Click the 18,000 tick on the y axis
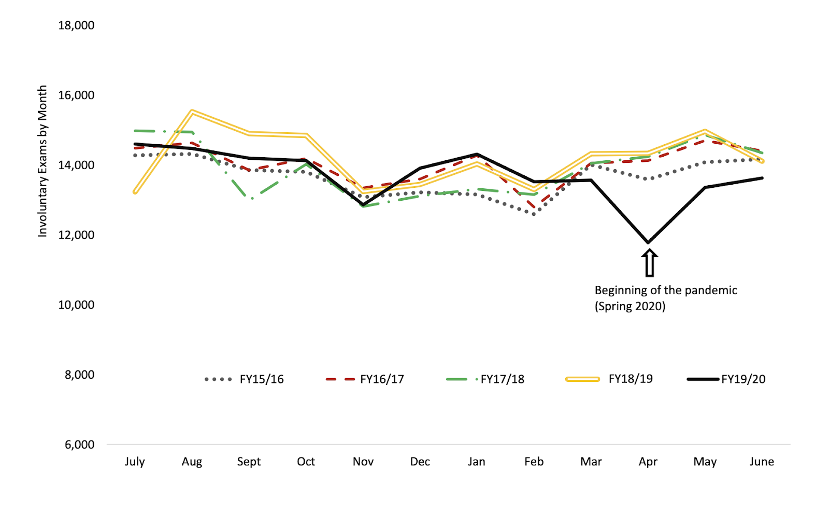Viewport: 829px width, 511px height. (x=76, y=25)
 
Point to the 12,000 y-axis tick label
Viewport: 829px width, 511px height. (x=76, y=235)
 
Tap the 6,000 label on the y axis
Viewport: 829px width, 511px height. (x=79, y=445)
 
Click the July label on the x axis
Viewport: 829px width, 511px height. (x=135, y=462)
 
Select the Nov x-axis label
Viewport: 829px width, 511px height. (x=363, y=462)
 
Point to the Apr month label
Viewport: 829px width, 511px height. (x=648, y=462)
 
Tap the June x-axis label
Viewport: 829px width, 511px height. (x=762, y=462)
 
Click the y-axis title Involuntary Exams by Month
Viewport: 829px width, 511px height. (x=42, y=161)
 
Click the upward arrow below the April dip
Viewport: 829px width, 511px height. (x=649, y=263)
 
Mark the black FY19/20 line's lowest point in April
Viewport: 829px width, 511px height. (x=648, y=242)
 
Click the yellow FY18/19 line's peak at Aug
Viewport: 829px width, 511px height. (x=192, y=112)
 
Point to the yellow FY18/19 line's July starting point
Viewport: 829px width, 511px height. (x=135, y=192)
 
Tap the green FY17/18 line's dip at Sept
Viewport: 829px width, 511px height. (x=251, y=199)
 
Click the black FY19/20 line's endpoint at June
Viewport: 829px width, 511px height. (x=762, y=178)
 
